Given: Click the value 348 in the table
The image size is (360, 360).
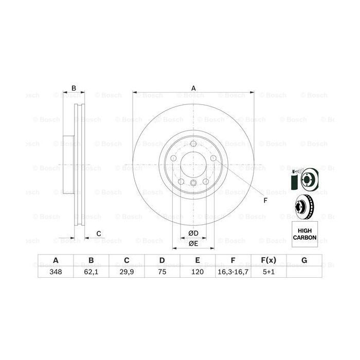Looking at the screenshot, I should coord(55,272).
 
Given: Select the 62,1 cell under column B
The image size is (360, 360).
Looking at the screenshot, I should coord(91,272).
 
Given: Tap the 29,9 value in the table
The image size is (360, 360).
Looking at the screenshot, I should coord(126,272).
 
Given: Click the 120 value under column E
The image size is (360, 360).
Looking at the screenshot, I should coord(197,272).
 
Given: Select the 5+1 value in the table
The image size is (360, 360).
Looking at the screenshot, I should coord(268,272).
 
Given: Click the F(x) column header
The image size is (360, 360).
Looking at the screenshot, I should coord(268,261).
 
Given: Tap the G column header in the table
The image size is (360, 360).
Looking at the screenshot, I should coord(304,261).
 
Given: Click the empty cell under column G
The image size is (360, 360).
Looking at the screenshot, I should coord(304,272).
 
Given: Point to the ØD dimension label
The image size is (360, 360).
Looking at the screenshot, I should coord(193,233).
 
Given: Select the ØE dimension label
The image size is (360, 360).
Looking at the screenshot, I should coord(193,243).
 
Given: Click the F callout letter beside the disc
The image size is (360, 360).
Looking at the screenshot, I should coord(265,200).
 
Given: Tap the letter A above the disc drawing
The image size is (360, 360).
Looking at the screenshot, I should coord(194,88).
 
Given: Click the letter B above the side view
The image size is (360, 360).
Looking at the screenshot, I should coord(74,88).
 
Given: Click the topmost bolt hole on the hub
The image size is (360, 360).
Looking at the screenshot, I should coord(193,145).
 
